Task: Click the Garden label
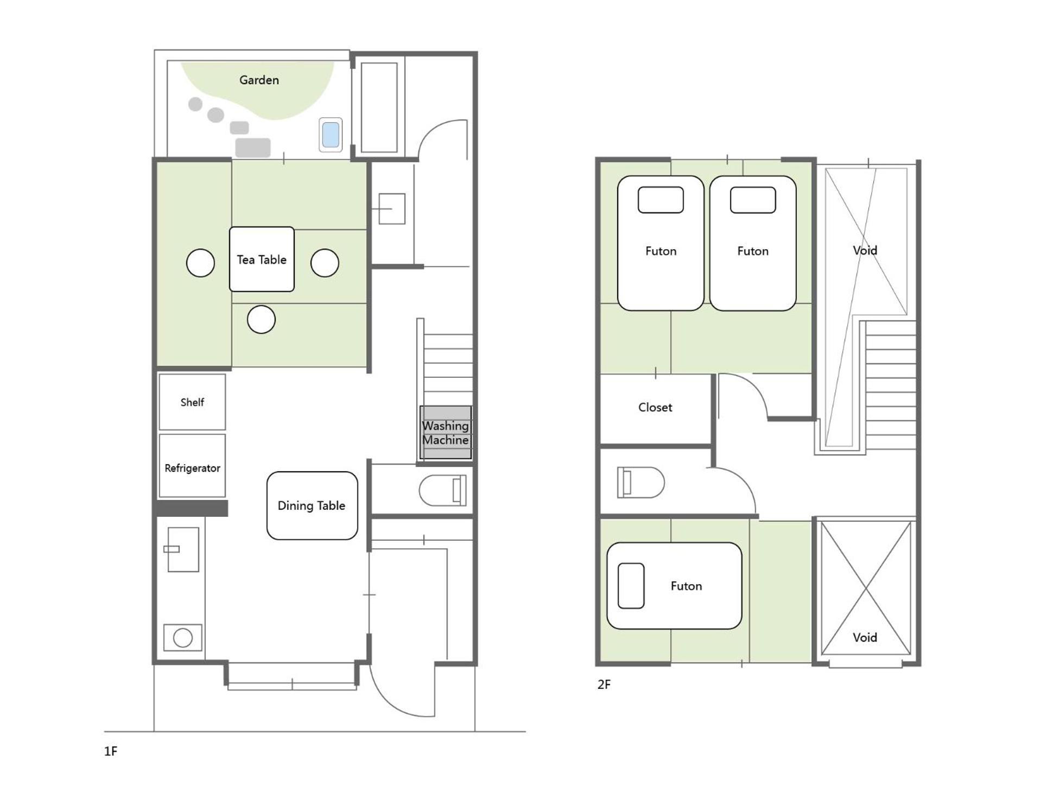pyautogui.click(x=259, y=80)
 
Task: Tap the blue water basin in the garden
pyautogui.click(x=331, y=135)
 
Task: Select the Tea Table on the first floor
pyautogui.click(x=262, y=259)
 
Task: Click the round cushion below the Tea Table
pyautogui.click(x=261, y=319)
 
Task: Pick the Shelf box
pyautogui.click(x=192, y=402)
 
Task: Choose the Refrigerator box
pyautogui.click(x=192, y=466)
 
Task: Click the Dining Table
pyautogui.click(x=312, y=505)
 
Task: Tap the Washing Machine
pyautogui.click(x=446, y=433)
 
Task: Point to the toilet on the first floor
pyautogui.click(x=443, y=490)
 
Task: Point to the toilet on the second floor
pyautogui.click(x=640, y=482)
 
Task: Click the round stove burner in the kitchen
pyautogui.click(x=183, y=637)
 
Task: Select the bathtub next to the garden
pyautogui.click(x=379, y=107)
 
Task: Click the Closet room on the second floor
pyautogui.click(x=655, y=408)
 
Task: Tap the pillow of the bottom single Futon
pyautogui.click(x=631, y=586)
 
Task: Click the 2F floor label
pyautogui.click(x=604, y=685)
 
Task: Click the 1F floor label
pyautogui.click(x=111, y=751)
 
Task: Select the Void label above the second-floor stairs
pyautogui.click(x=865, y=250)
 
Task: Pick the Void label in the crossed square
pyautogui.click(x=865, y=637)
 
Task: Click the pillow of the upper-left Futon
pyautogui.click(x=661, y=200)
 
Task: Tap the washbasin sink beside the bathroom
pyautogui.click(x=391, y=208)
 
